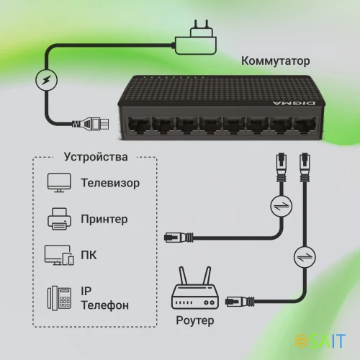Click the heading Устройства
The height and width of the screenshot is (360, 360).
click(x=96, y=156)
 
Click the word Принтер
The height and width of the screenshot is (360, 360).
click(x=105, y=218)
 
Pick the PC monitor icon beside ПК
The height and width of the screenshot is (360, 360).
click(x=58, y=255)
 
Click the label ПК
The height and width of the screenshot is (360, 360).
click(x=90, y=255)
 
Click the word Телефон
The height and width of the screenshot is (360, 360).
click(x=105, y=305)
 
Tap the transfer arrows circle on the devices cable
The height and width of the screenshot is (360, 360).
click(x=277, y=208)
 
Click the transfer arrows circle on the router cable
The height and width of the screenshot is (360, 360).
click(x=303, y=256)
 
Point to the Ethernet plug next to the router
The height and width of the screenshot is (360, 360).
click(x=238, y=300)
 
